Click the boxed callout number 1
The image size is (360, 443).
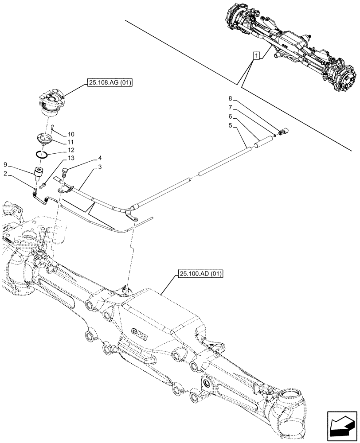256,55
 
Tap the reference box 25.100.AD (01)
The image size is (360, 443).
200,274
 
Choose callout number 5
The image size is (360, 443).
230,125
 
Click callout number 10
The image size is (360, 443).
71,134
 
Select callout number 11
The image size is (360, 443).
71,142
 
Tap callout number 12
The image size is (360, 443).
71,151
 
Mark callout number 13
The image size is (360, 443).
71,159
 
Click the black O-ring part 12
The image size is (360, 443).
42,155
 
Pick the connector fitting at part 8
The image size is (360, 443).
283,132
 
